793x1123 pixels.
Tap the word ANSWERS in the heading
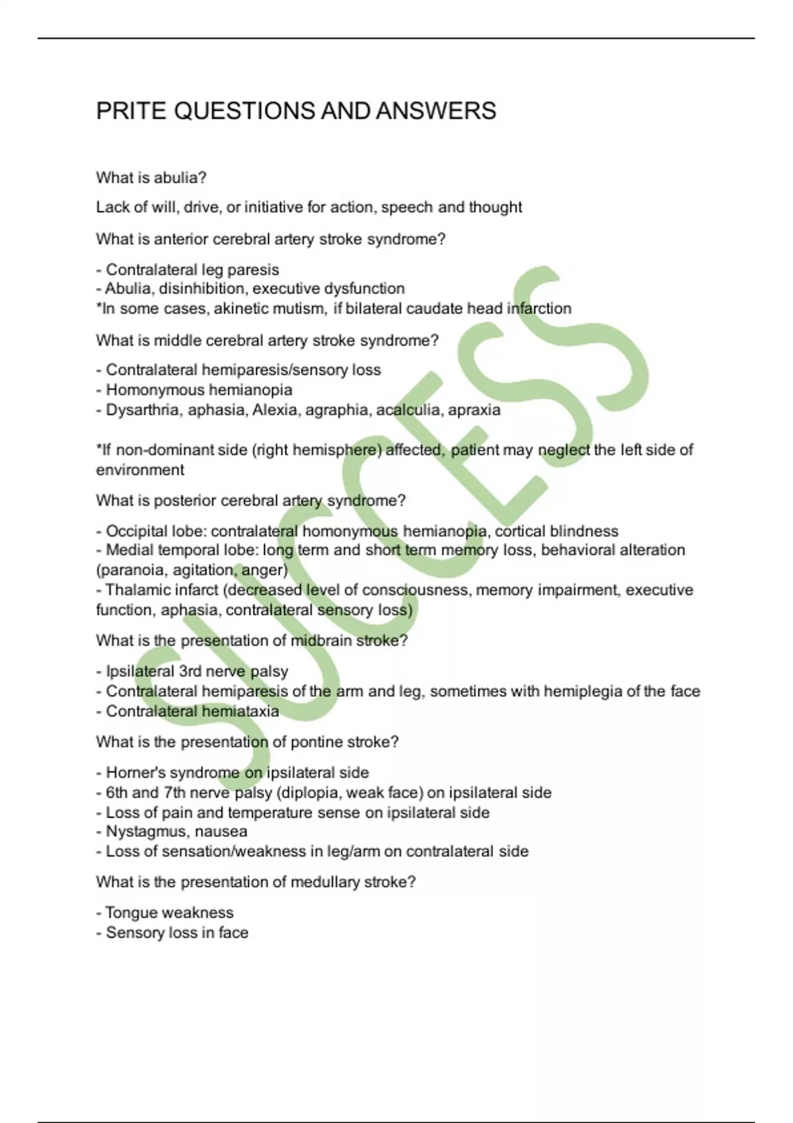(x=436, y=111)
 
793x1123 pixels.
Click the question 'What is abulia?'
(x=151, y=178)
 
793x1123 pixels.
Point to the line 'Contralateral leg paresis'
(x=192, y=270)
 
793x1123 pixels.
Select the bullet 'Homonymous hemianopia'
(x=198, y=390)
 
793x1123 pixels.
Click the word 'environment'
(x=140, y=470)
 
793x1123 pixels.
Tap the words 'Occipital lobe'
(x=153, y=531)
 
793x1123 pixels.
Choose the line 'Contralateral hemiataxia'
(x=192, y=711)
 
